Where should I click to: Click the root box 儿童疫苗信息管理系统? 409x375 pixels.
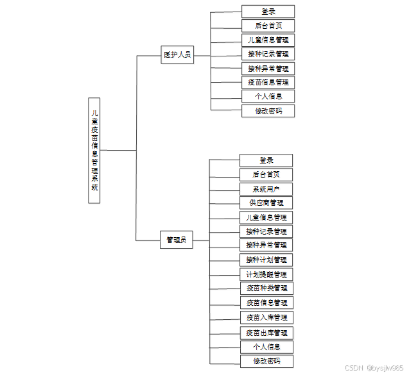(x=94, y=151)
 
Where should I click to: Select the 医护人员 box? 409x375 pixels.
(x=177, y=55)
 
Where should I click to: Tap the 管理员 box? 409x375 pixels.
(x=176, y=240)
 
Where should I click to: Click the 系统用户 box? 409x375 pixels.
(x=266, y=189)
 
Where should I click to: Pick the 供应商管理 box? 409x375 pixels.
(x=266, y=203)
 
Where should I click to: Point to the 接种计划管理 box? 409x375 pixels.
(x=266, y=260)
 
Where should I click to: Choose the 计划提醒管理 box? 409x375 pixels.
(x=266, y=274)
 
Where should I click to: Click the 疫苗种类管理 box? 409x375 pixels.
(x=266, y=288)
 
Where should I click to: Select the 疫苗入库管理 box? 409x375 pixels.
(x=266, y=317)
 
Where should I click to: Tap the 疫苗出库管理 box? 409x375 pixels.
(x=266, y=333)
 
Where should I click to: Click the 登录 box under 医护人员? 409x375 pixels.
(x=268, y=12)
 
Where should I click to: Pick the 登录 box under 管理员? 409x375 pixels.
(x=266, y=160)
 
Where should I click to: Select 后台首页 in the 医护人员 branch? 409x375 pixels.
(x=268, y=26)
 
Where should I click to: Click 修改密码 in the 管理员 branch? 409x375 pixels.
(x=266, y=361)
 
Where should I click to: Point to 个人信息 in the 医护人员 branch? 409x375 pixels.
(x=268, y=97)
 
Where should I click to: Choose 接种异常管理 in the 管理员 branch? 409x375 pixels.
(x=266, y=245)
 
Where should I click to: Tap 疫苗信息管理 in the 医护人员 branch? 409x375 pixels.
(x=268, y=82)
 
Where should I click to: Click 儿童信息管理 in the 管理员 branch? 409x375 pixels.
(x=266, y=217)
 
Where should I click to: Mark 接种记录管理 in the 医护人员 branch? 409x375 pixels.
(x=268, y=54)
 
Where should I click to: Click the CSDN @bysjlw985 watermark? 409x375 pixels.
(x=374, y=368)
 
